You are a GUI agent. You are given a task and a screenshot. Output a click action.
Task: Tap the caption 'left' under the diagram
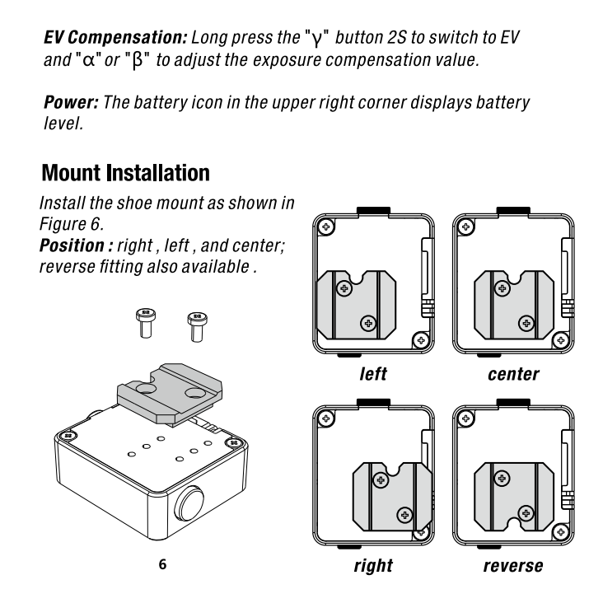pyautogui.click(x=372, y=375)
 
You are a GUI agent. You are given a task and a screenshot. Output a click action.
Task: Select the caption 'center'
pyautogui.click(x=513, y=375)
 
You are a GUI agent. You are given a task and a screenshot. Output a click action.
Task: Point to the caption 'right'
pyautogui.click(x=372, y=567)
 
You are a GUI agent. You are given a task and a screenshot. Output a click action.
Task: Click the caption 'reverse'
pyautogui.click(x=513, y=567)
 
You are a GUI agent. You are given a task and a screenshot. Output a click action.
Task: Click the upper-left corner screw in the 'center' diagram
pyautogui.click(x=466, y=225)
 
